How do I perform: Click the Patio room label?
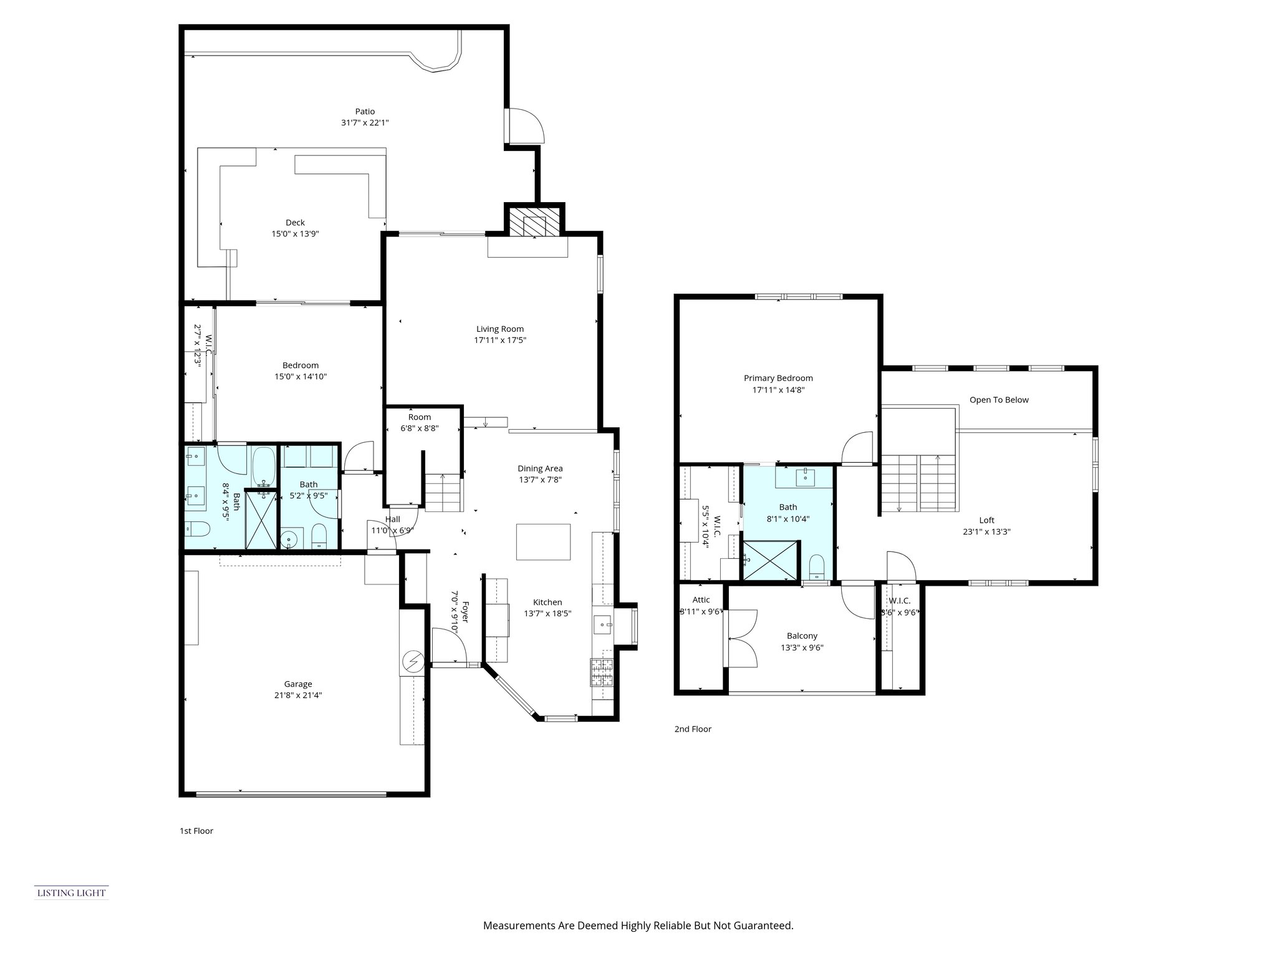pyautogui.click(x=365, y=112)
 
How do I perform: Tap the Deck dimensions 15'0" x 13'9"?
pyautogui.click(x=295, y=234)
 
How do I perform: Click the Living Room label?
pyautogui.click(x=500, y=329)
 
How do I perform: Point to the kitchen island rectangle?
pyautogui.click(x=543, y=542)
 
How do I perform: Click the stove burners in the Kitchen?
pyautogui.click(x=602, y=672)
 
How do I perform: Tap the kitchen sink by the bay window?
pyautogui.click(x=602, y=622)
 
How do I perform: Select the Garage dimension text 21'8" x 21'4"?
pyautogui.click(x=297, y=695)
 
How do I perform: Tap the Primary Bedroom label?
pyautogui.click(x=778, y=378)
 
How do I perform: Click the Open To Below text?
pyautogui.click(x=999, y=400)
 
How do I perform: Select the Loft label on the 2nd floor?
pyautogui.click(x=986, y=520)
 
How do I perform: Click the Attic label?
pyautogui.click(x=701, y=600)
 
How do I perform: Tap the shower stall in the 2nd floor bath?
pyautogui.click(x=770, y=560)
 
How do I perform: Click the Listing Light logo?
pyautogui.click(x=71, y=893)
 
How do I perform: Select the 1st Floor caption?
pyautogui.click(x=196, y=831)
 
